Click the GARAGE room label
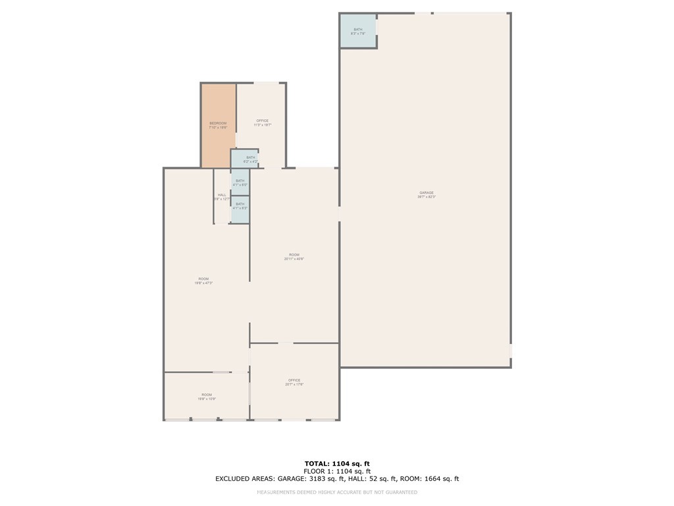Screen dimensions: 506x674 click(x=427, y=192)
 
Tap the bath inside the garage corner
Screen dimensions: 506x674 click(x=358, y=31)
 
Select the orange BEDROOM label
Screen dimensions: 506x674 click(x=218, y=123)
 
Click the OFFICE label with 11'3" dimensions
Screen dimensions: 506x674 click(x=262, y=121)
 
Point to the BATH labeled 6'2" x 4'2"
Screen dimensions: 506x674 click(x=250, y=159)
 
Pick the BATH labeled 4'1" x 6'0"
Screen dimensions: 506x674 click(x=240, y=183)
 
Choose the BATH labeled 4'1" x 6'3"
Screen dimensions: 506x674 click(x=240, y=206)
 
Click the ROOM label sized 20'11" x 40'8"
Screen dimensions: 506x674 click(x=294, y=255)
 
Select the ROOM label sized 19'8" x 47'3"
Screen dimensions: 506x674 click(x=203, y=279)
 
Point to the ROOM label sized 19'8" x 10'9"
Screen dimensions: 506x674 click(x=207, y=395)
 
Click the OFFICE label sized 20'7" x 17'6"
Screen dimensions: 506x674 click(x=294, y=380)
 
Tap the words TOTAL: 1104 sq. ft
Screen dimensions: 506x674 click(x=336, y=463)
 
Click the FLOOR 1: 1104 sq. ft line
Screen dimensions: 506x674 click(x=336, y=471)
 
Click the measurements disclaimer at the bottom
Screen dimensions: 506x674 click(x=336, y=492)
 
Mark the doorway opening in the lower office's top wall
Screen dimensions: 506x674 click(x=286, y=343)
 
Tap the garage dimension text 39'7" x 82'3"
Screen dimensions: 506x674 click(x=427, y=197)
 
